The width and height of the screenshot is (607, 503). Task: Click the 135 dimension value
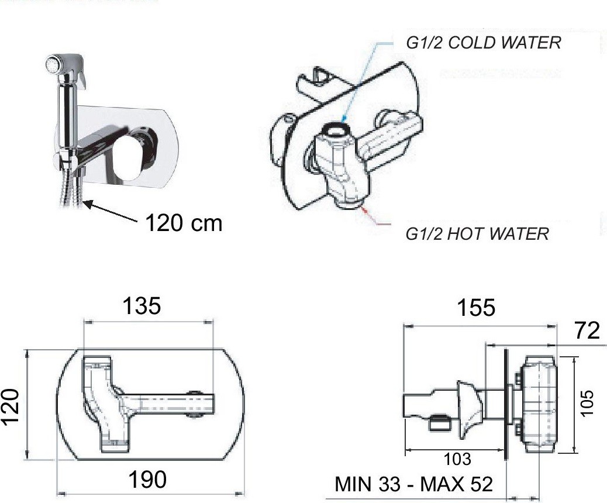coord(142,305)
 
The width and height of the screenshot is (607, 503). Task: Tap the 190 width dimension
coord(147,480)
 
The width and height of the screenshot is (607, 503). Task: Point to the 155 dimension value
coord(476,308)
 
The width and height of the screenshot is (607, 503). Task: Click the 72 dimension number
coord(587,330)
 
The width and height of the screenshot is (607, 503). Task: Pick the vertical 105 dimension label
coord(587,403)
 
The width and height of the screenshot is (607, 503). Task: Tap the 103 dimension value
coord(457,459)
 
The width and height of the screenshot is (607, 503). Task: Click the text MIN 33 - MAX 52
coord(414,484)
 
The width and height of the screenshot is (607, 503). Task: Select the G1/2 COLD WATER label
coord(484,43)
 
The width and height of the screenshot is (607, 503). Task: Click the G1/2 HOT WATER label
coord(477,234)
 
